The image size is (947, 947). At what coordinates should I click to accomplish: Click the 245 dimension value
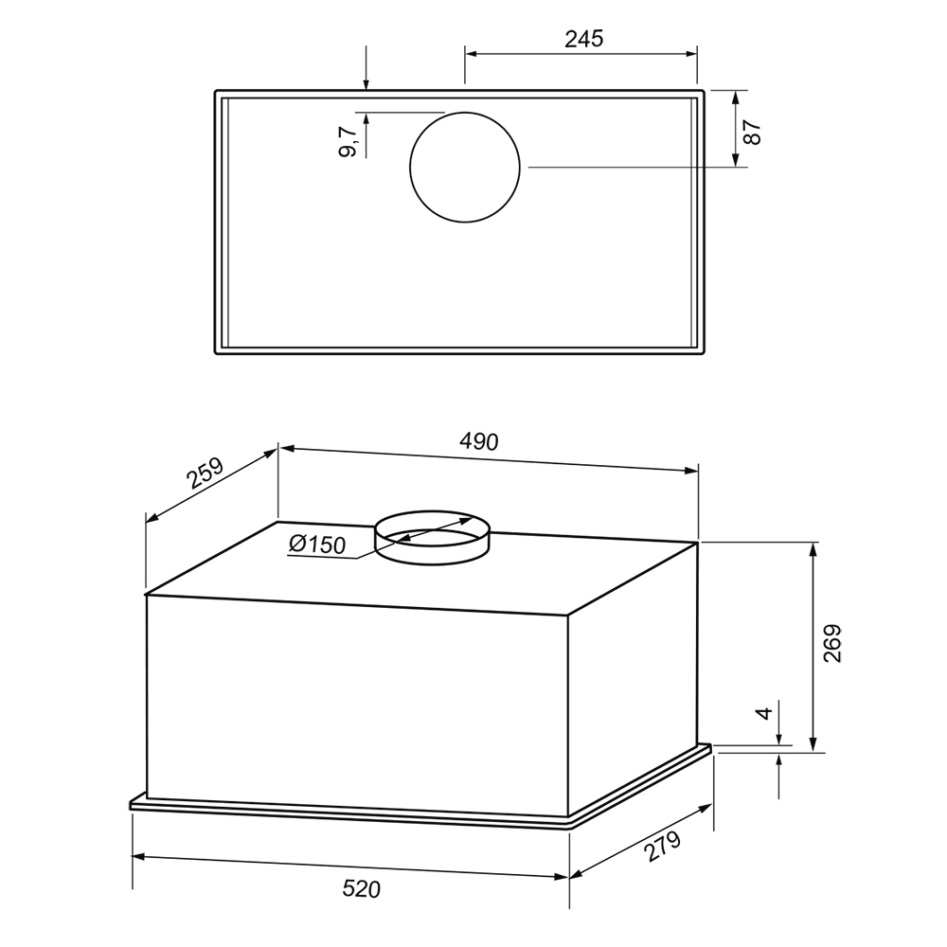(x=584, y=39)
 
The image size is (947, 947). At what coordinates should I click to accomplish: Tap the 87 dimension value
(x=753, y=133)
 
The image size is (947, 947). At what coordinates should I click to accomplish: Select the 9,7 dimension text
(x=348, y=142)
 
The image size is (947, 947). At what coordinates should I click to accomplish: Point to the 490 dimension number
(x=479, y=441)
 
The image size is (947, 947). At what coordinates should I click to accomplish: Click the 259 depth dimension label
(x=205, y=473)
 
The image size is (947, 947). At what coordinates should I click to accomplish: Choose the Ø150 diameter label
(x=317, y=545)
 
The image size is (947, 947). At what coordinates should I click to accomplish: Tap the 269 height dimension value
(x=832, y=643)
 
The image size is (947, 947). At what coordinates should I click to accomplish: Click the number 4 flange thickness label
(x=764, y=713)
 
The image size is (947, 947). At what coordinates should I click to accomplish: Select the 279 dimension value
(x=662, y=846)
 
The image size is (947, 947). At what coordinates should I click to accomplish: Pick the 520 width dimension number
(x=361, y=889)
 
